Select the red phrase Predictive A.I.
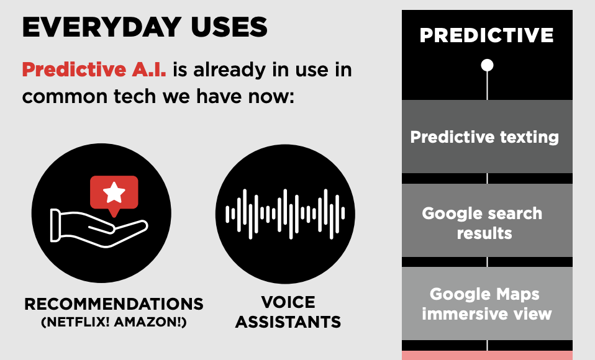pos(94,70)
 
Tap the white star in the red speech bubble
pos(114,193)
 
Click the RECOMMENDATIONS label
pos(114,304)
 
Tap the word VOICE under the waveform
pos(288,303)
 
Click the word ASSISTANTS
pos(288,322)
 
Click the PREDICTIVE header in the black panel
pos(486,35)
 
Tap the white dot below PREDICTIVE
pos(487,65)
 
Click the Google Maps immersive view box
pos(486,304)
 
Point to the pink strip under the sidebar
pos(486,355)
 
